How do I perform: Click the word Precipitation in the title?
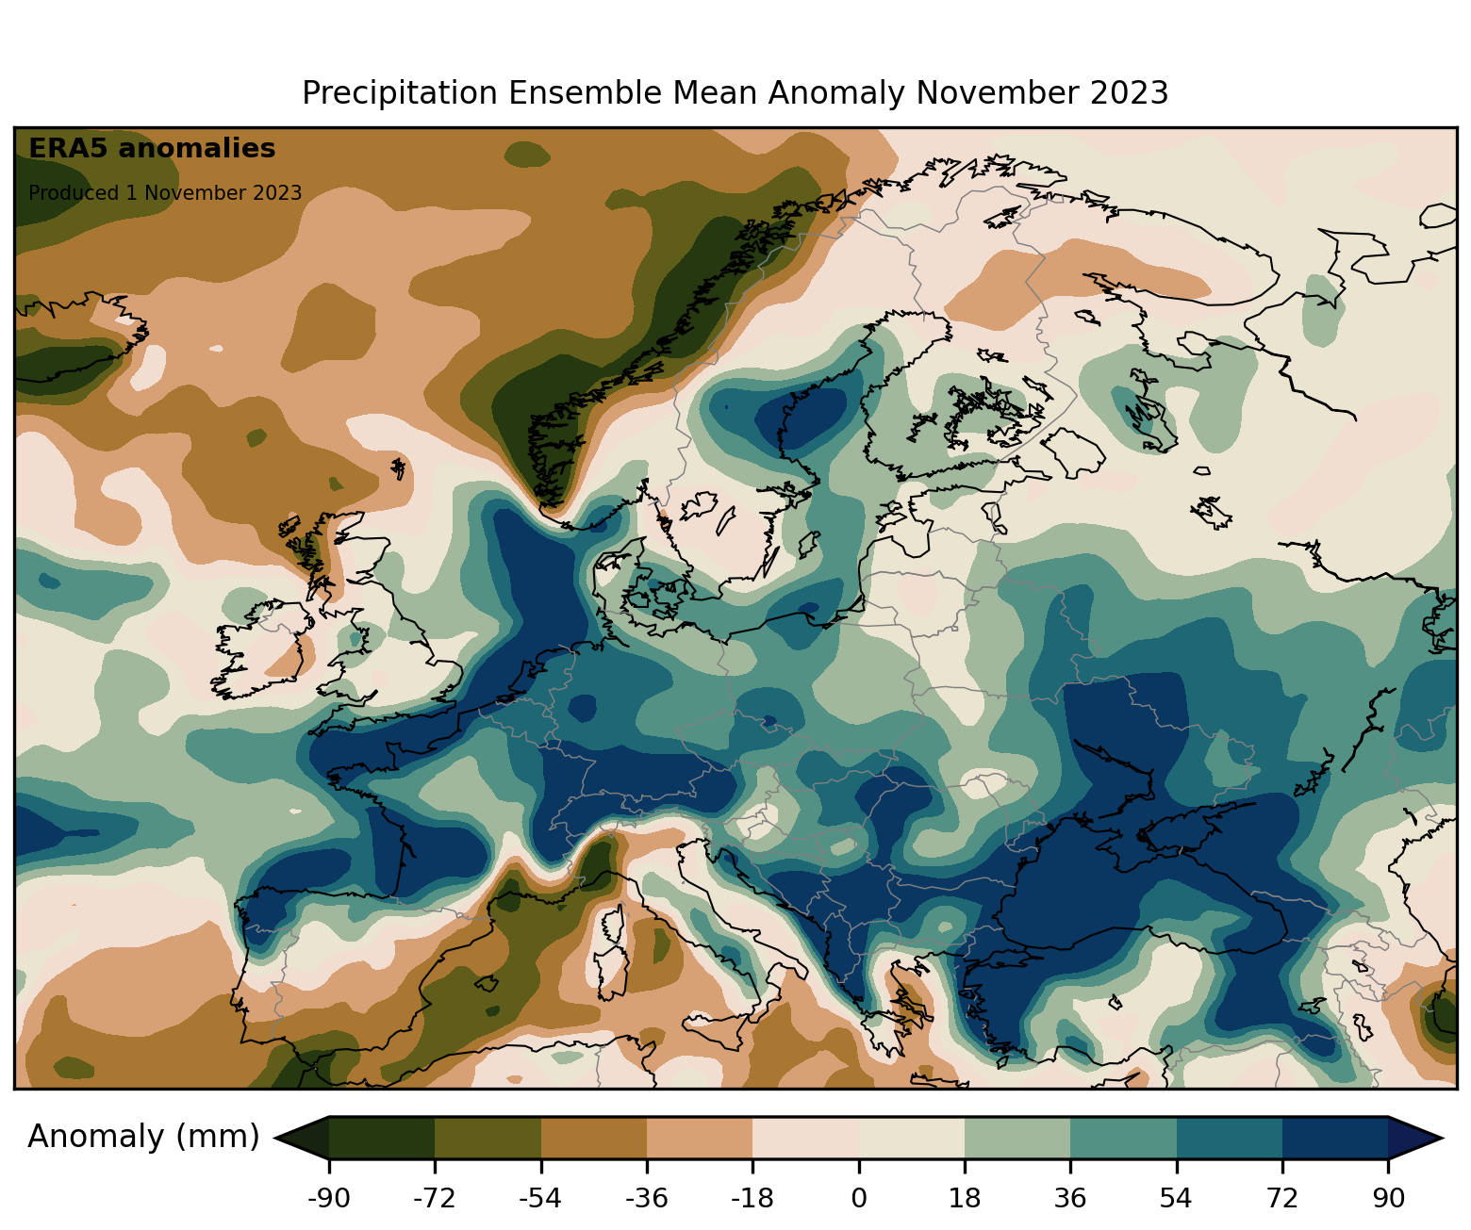click(x=400, y=93)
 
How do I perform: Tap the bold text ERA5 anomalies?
click(x=152, y=149)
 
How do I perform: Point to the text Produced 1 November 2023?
click(x=165, y=193)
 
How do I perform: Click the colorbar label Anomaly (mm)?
click(x=143, y=1137)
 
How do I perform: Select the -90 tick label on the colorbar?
click(x=328, y=1199)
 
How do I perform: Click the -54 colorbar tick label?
click(x=540, y=1199)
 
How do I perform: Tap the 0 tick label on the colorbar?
click(x=858, y=1199)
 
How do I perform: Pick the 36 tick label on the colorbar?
click(x=1070, y=1199)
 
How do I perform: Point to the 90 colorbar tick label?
click(x=1388, y=1199)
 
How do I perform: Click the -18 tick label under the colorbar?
click(x=752, y=1199)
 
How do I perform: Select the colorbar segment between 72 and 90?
click(x=1335, y=1138)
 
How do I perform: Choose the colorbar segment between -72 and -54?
click(x=488, y=1138)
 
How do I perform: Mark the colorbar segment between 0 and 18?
click(x=911, y=1138)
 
